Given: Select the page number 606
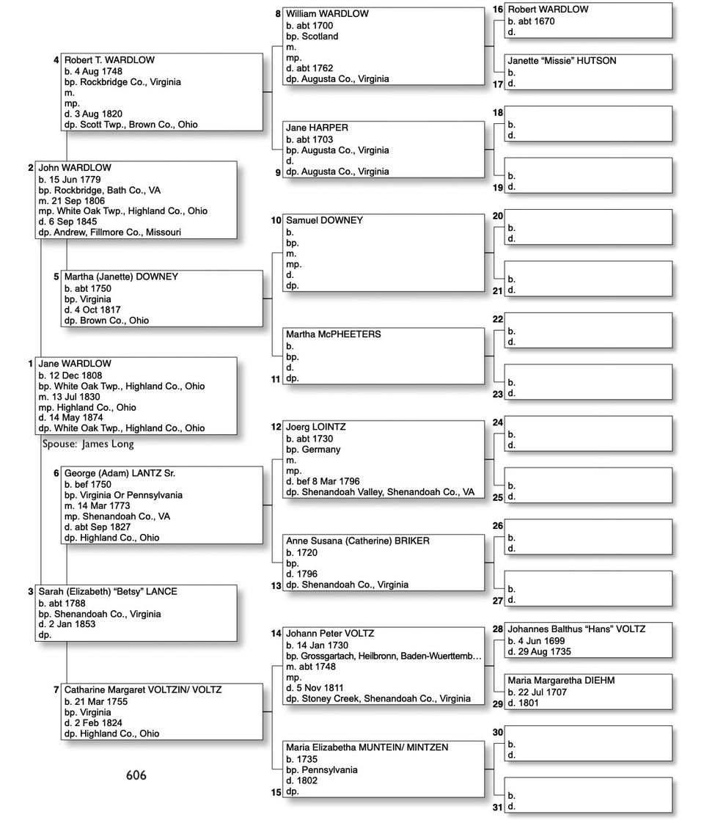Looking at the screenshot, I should click(136, 775).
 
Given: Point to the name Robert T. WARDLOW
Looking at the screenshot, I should click(109, 60).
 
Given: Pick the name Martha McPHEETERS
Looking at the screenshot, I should click(334, 334).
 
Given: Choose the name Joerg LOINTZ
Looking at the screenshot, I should click(316, 427).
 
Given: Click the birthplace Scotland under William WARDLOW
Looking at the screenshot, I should click(319, 36).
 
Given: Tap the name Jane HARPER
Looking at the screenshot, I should click(317, 128).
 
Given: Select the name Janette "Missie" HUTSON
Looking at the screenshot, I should click(562, 61).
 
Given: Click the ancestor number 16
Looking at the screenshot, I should click(497, 10).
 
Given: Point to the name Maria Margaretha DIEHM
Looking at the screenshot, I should click(561, 681).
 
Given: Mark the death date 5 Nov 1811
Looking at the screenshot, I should click(315, 688).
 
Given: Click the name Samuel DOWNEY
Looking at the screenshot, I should click(324, 220).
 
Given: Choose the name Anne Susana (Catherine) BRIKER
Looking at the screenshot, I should click(358, 541).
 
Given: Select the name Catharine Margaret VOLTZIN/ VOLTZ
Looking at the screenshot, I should click(143, 690).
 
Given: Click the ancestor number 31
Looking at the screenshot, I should click(497, 808).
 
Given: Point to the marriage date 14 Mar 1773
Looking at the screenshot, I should click(97, 505).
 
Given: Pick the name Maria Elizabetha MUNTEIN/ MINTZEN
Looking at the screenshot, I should click(367, 747).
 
